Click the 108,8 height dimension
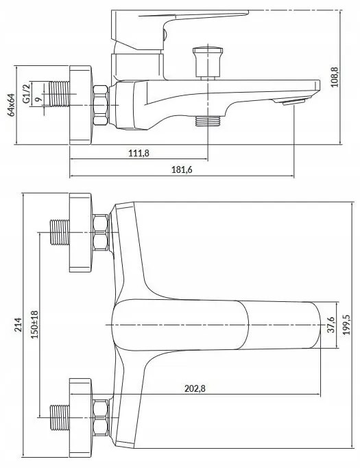335,77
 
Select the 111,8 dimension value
139,153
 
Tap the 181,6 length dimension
182,169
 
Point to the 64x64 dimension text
12,104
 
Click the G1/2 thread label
27,93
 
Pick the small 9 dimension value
37,100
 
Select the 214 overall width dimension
19,325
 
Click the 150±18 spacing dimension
35,325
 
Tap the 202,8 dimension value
195,388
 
